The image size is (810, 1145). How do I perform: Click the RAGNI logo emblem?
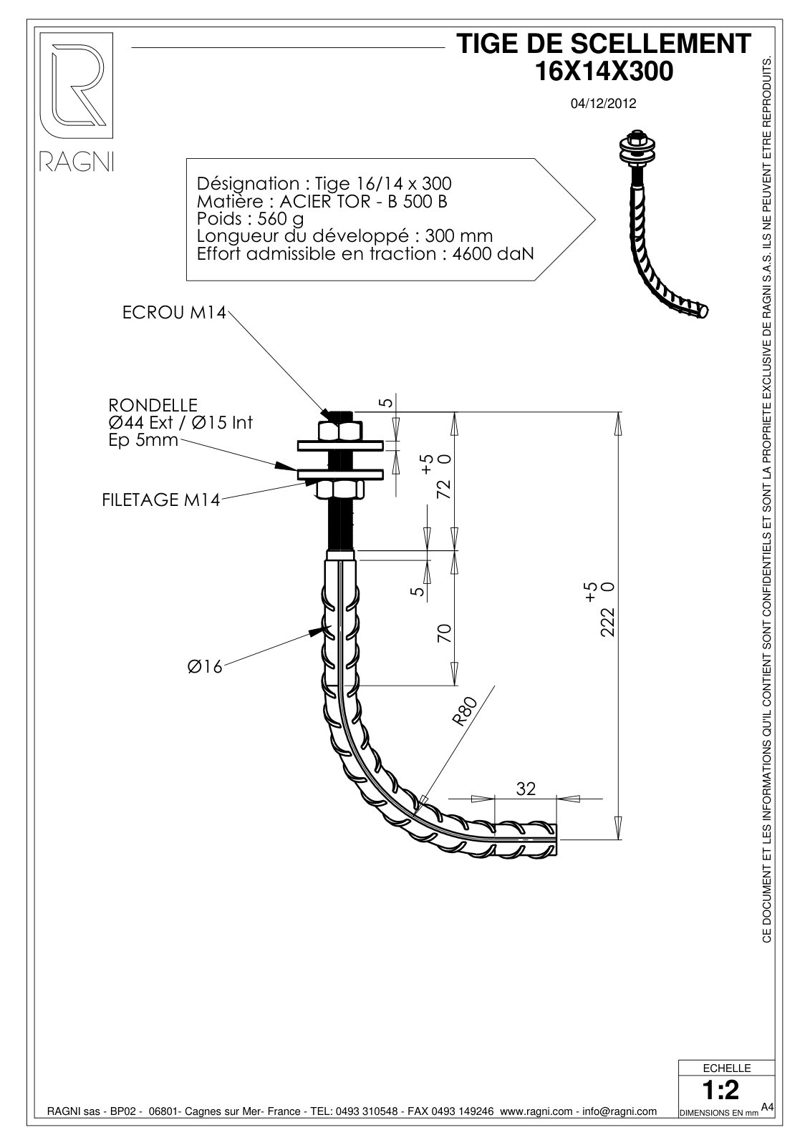tap(77, 86)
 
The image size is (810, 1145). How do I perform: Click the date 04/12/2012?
tap(603, 104)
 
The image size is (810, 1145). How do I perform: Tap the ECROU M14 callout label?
tap(174, 313)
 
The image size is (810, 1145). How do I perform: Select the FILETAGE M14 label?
tap(160, 500)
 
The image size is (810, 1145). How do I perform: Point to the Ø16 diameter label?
tap(205, 666)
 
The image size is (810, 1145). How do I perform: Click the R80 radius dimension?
tap(465, 711)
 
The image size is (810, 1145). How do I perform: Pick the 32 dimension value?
tap(526, 789)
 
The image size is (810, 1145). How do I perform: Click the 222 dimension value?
tap(607, 622)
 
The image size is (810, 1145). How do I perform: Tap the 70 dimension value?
tap(444, 633)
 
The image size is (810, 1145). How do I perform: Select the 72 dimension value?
tap(444, 489)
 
